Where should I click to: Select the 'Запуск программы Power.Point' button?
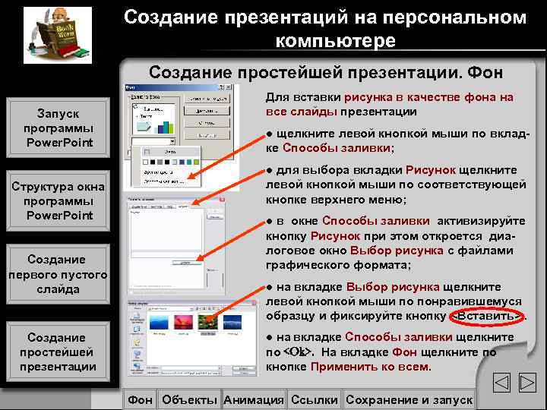point(58,128)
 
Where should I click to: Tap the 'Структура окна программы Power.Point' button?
point(58,201)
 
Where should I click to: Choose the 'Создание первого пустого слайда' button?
point(58,274)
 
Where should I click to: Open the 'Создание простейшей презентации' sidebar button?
point(58,352)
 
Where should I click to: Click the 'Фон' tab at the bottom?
point(140,399)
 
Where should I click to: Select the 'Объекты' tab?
point(189,399)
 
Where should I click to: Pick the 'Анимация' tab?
point(253,399)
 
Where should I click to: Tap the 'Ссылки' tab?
point(314,399)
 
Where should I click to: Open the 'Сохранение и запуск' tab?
point(409,399)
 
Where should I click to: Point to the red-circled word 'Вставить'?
point(487,316)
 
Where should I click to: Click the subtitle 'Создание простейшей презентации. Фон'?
point(326,73)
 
